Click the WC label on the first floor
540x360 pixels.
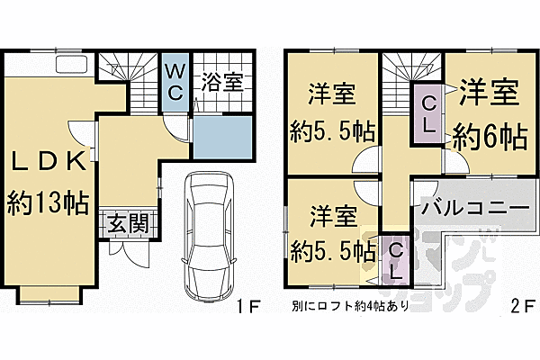coord(175,82)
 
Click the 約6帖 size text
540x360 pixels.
coord(489,138)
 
